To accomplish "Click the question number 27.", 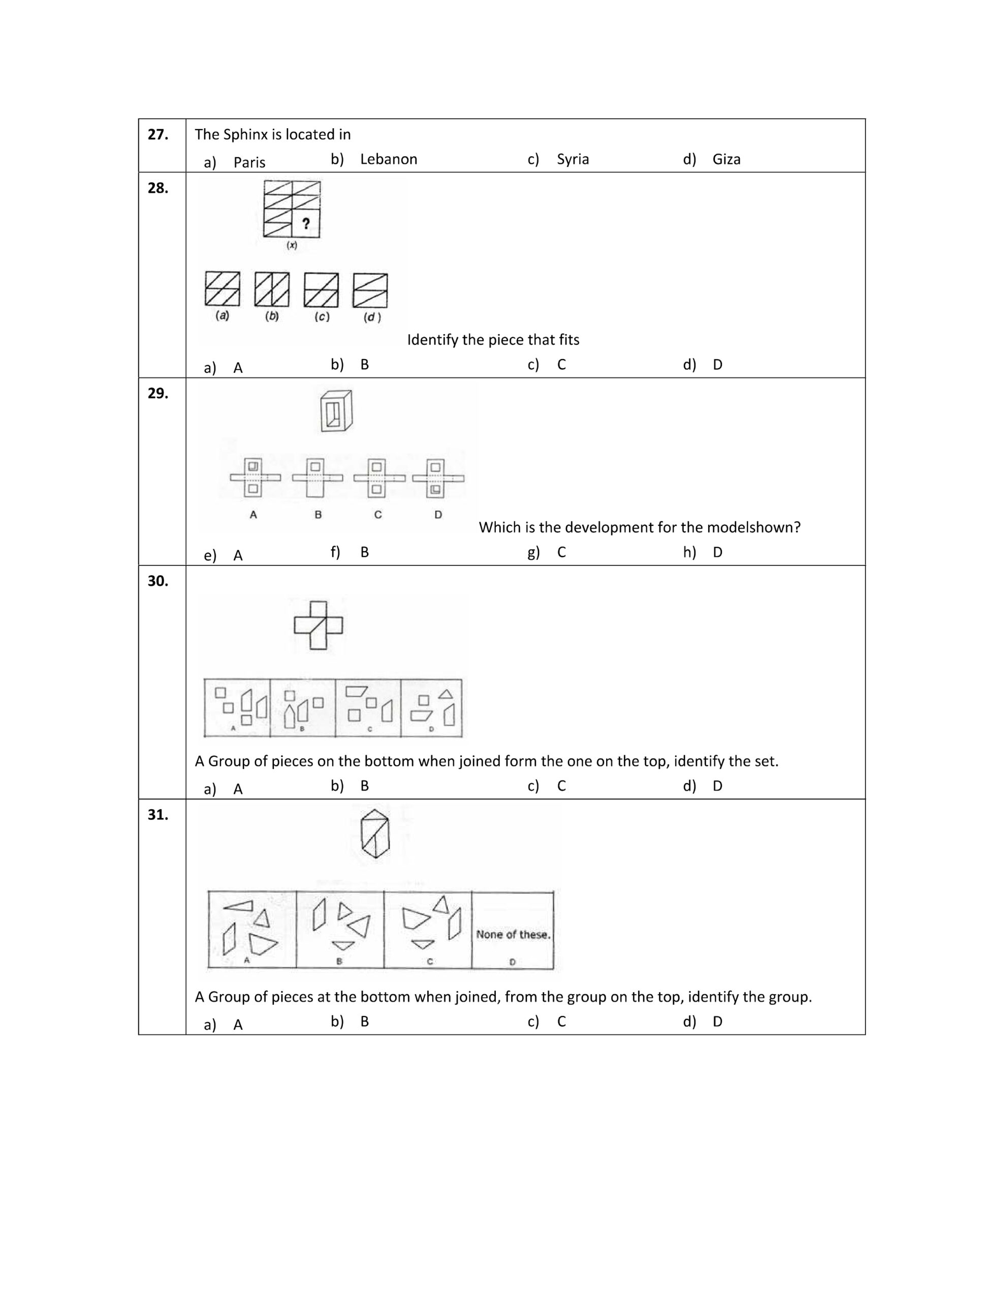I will coord(158,135).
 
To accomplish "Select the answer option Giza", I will coord(726,159).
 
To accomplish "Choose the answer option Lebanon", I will coord(388,159).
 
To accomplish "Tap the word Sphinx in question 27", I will coord(245,135).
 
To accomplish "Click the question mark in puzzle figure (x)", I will coord(305,224).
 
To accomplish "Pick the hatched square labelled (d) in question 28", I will coord(370,290).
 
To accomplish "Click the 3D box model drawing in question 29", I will coord(336,411).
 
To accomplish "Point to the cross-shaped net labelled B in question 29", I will coord(318,478).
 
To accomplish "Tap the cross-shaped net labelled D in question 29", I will coord(438,478).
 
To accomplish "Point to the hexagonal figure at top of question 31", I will coord(374,834).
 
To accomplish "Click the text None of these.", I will coord(512,934).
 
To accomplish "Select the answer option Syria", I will coord(572,159).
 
